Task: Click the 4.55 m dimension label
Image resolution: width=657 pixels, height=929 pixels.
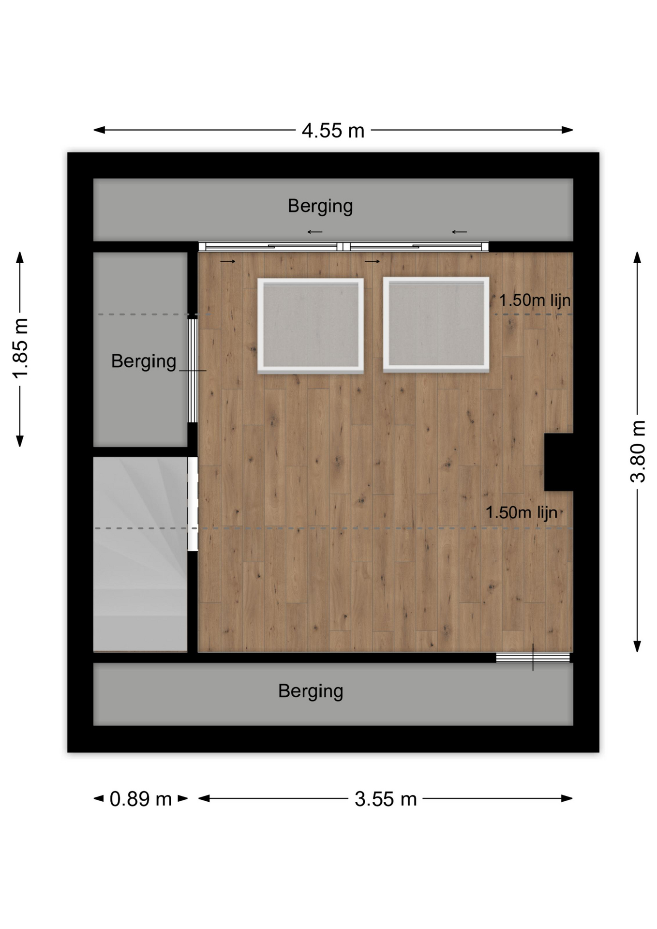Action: click(x=333, y=131)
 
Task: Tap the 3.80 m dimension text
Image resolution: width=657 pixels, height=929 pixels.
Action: click(x=638, y=451)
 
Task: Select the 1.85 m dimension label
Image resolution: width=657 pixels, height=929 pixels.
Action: click(x=20, y=348)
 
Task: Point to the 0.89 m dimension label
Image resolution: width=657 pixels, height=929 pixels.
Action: click(x=141, y=799)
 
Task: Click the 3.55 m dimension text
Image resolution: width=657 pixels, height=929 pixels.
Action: click(x=386, y=799)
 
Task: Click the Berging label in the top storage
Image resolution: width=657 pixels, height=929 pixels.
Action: click(x=320, y=206)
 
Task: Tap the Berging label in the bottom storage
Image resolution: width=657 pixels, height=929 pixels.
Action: click(x=311, y=691)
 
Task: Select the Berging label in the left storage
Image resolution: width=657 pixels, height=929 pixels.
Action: click(x=144, y=361)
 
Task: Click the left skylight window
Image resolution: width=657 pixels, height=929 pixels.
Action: click(x=311, y=325)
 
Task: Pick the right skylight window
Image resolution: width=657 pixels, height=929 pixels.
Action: click(x=436, y=324)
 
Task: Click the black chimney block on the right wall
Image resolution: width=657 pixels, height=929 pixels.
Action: click(x=559, y=462)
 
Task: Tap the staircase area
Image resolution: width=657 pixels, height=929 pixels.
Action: click(x=140, y=554)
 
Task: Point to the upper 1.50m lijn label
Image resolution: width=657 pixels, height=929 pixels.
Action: click(x=535, y=300)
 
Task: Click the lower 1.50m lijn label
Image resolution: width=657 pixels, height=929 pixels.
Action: click(x=521, y=512)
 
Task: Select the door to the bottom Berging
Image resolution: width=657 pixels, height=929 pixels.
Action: click(x=533, y=658)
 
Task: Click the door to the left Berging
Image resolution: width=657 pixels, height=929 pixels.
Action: click(x=193, y=370)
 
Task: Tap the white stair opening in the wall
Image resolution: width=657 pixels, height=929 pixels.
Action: click(x=193, y=504)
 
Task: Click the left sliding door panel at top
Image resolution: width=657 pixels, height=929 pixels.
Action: click(x=271, y=247)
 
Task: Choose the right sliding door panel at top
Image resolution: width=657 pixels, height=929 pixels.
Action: click(x=416, y=247)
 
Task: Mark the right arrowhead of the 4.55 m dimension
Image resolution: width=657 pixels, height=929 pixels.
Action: click(x=572, y=130)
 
